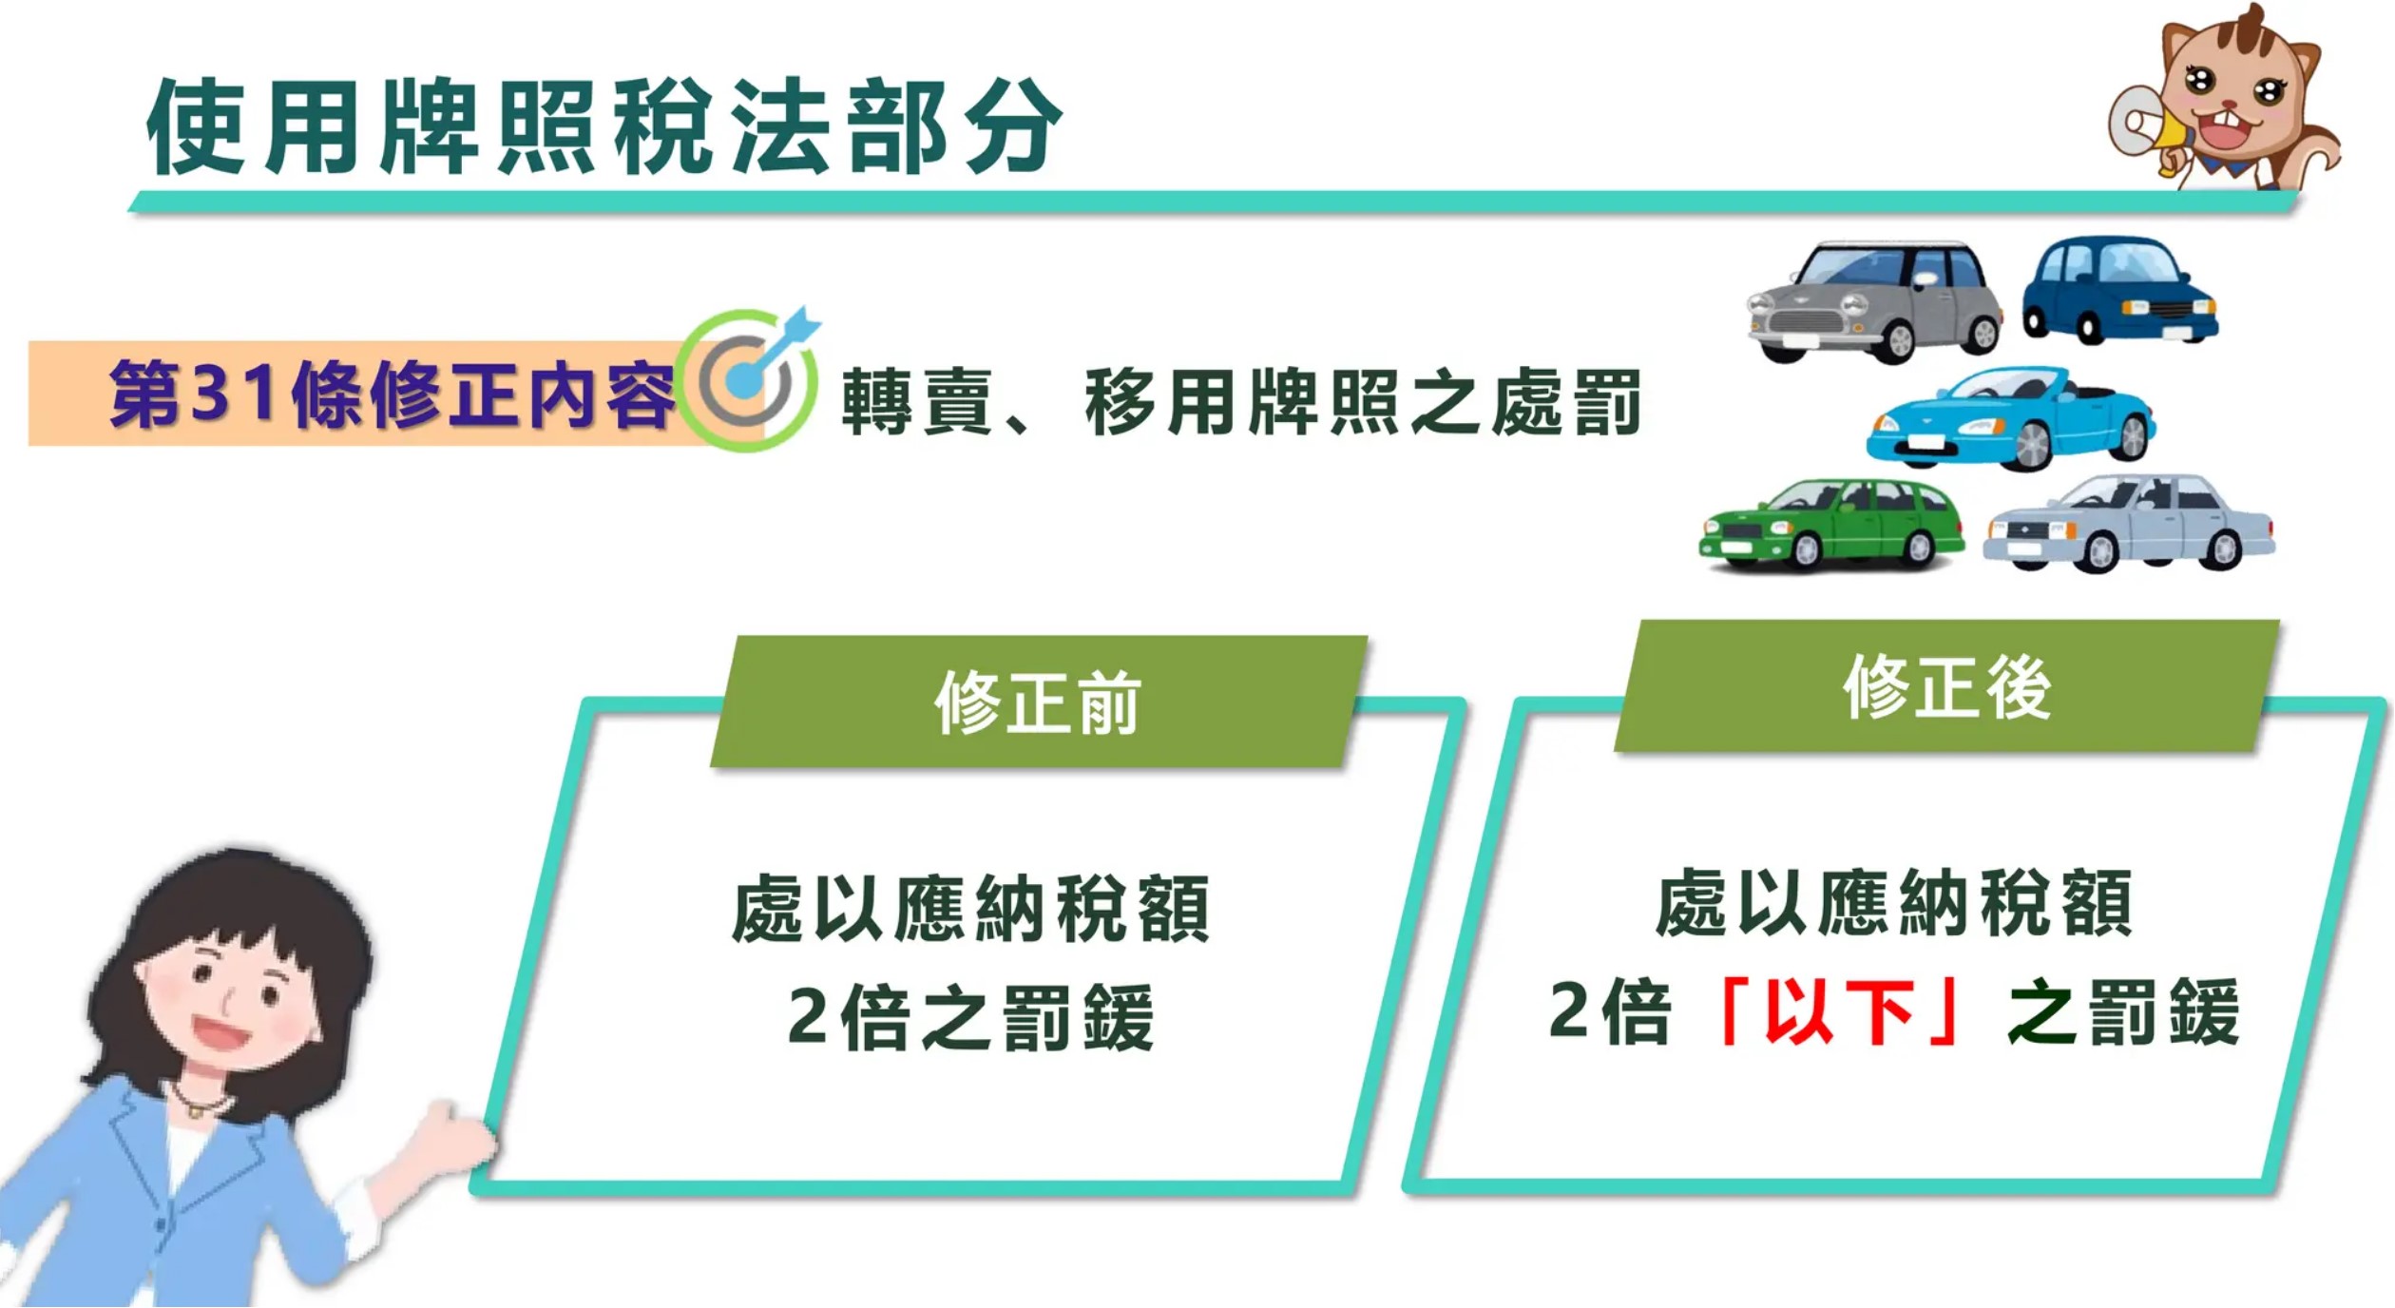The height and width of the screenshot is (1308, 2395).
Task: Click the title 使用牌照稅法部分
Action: click(604, 126)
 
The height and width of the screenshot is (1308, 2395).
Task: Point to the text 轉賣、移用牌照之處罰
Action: click(1241, 402)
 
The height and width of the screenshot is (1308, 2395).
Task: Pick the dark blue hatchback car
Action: click(2120, 289)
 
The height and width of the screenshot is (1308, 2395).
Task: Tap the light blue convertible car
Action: click(2011, 419)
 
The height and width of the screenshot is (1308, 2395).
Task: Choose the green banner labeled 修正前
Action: click(1039, 702)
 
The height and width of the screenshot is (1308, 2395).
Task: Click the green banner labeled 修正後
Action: click(1947, 686)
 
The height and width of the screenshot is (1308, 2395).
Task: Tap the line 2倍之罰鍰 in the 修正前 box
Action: click(971, 1017)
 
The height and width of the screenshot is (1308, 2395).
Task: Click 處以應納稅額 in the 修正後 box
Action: click(1894, 902)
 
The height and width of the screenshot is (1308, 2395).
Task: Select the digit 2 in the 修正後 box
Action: click(1571, 1010)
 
